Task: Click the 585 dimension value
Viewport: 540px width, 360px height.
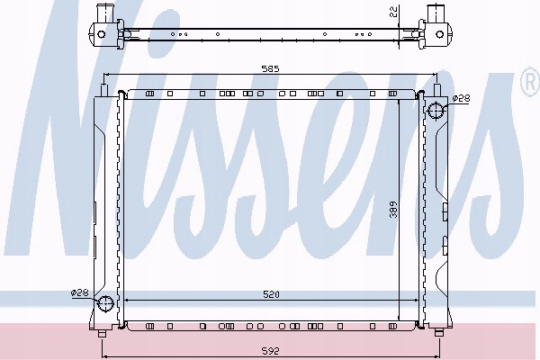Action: point(270,69)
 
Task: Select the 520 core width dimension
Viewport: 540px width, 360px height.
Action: point(272,294)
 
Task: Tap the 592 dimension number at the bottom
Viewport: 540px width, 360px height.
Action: point(270,351)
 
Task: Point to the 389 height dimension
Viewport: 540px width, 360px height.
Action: point(393,210)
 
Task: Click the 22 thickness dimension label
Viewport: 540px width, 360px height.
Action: point(394,12)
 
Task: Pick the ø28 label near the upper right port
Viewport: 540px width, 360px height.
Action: point(461,98)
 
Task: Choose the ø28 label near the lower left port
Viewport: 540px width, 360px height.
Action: point(79,292)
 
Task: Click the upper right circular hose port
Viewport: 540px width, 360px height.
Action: point(436,111)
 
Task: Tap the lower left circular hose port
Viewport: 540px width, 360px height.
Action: point(105,303)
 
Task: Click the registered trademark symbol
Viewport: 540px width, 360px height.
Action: point(530,82)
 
